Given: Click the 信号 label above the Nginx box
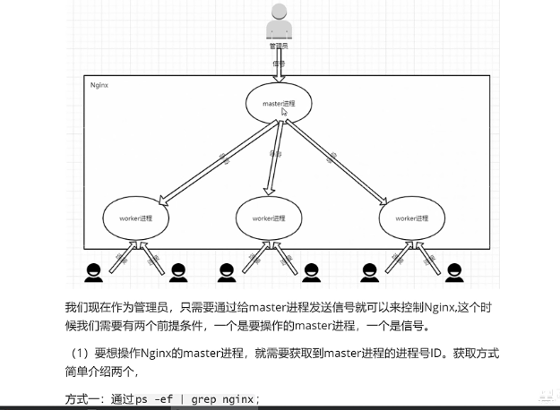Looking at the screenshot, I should [280, 64].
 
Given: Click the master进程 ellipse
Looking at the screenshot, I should [280, 104].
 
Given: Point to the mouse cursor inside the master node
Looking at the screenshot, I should [284, 112].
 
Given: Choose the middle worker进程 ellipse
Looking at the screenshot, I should [268, 218].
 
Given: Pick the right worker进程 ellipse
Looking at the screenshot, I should [411, 218].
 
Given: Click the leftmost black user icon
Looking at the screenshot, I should [91, 270].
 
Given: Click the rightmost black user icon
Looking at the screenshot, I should [453, 270].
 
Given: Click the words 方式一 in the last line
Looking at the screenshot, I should [83, 398].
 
